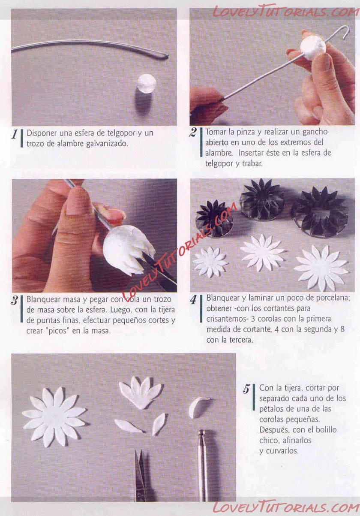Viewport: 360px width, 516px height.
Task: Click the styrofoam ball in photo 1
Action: (x=147, y=83)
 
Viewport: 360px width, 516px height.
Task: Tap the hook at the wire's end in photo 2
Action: (x=345, y=32)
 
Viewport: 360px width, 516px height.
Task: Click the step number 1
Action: (x=15, y=134)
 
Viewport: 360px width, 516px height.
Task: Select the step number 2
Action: (x=193, y=132)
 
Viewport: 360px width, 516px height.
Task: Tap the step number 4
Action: (x=193, y=299)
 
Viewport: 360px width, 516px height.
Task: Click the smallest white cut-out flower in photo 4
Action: (x=210, y=262)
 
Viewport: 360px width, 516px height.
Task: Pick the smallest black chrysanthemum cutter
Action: (x=213, y=217)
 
